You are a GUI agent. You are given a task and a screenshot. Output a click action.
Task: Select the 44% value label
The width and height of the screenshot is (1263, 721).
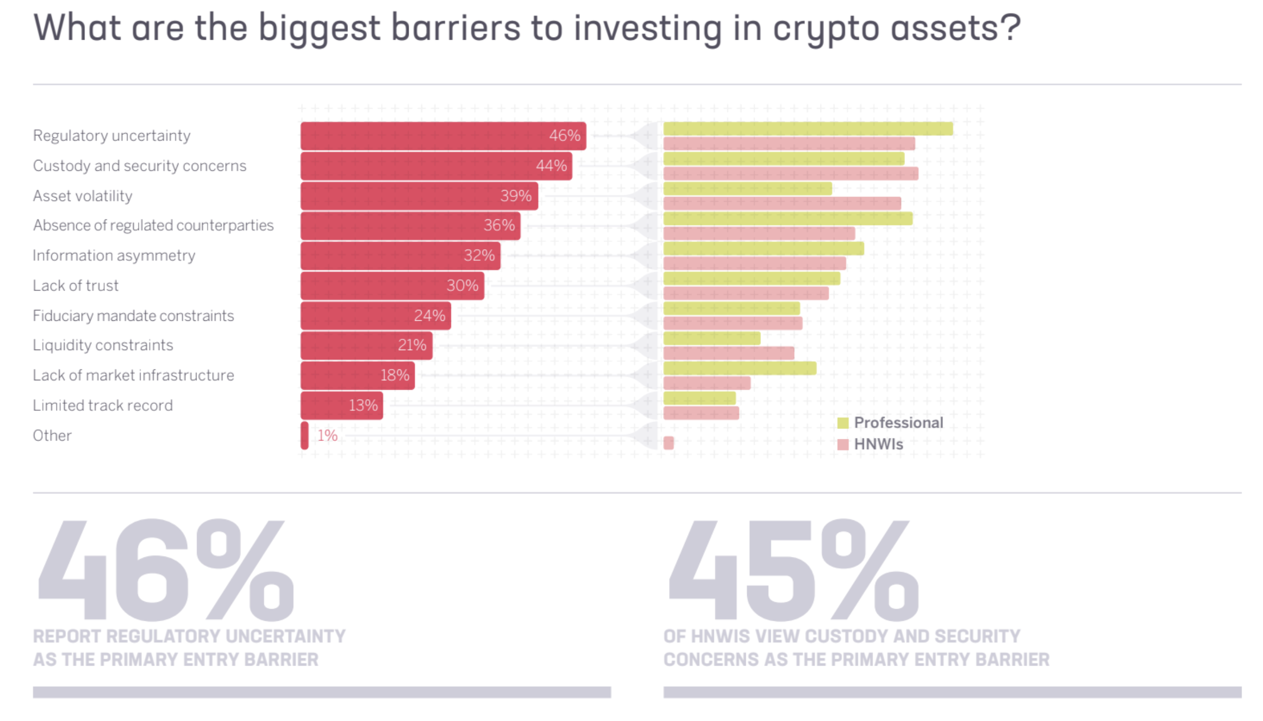click(551, 166)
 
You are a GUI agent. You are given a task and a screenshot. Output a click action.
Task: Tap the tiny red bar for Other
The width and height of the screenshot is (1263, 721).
click(304, 435)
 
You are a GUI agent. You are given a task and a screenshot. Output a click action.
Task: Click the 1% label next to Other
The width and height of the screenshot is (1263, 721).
click(327, 435)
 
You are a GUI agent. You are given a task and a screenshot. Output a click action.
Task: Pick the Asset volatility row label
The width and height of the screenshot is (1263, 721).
click(83, 196)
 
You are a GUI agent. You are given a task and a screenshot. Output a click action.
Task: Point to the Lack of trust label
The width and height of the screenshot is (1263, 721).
click(76, 286)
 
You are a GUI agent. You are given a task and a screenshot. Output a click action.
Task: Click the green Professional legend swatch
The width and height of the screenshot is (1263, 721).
click(842, 423)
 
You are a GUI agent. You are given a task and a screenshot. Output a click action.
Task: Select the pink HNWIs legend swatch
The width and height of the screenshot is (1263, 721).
click(842, 445)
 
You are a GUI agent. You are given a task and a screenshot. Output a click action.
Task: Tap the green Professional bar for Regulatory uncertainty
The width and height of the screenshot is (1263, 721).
click(807, 129)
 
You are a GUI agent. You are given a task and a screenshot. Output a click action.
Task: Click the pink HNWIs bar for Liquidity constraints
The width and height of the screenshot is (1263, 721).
click(728, 353)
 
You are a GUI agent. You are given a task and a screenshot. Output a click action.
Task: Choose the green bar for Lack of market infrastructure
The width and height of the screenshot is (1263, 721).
click(739, 368)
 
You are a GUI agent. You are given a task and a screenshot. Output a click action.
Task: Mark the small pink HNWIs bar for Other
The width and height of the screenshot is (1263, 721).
click(668, 443)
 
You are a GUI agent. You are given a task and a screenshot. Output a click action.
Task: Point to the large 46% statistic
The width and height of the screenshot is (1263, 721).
click(165, 569)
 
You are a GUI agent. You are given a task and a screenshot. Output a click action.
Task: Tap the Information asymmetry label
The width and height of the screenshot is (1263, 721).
click(114, 255)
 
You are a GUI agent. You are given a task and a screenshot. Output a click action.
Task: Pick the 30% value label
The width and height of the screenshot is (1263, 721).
click(462, 286)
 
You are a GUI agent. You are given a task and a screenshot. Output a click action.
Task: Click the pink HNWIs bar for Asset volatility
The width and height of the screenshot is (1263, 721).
click(782, 203)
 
